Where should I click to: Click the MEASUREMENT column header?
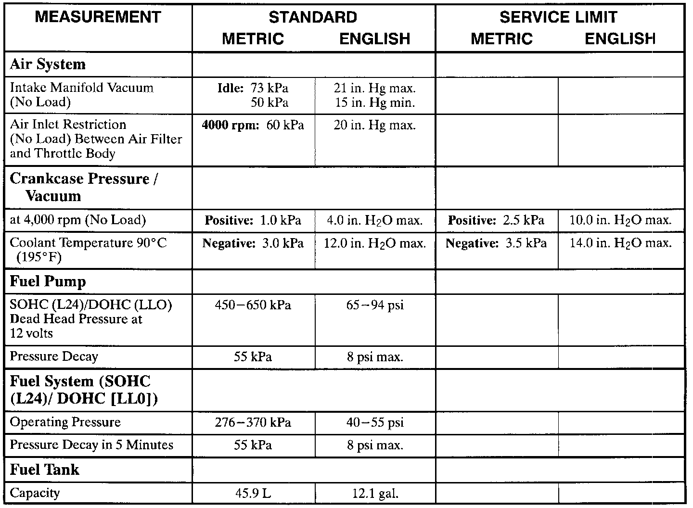[98, 17]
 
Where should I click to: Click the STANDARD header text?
[313, 17]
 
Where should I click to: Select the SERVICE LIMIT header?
[558, 17]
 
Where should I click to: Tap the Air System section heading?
[48, 64]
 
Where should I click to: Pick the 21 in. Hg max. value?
[374, 88]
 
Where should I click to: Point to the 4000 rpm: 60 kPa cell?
[253, 126]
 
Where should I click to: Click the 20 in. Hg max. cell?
[374, 126]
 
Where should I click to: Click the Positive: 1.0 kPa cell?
[253, 220]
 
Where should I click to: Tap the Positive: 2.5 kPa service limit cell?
[496, 220]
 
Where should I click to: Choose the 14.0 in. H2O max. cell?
[620, 243]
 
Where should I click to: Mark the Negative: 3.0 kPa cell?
[253, 243]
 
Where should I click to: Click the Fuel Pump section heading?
[48, 281]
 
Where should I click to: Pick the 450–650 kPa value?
[253, 305]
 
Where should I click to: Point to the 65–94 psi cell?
[375, 305]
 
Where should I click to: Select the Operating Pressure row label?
[65, 422]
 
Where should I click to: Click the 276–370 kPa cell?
[253, 422]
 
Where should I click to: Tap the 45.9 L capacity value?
[253, 493]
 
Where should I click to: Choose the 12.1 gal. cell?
[375, 493]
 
